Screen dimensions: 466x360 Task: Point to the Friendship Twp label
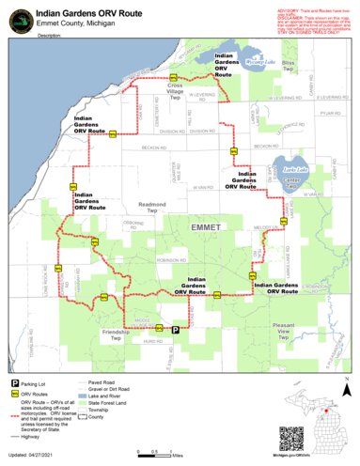click(x=117, y=334)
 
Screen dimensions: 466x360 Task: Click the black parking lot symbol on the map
click(x=175, y=328)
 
